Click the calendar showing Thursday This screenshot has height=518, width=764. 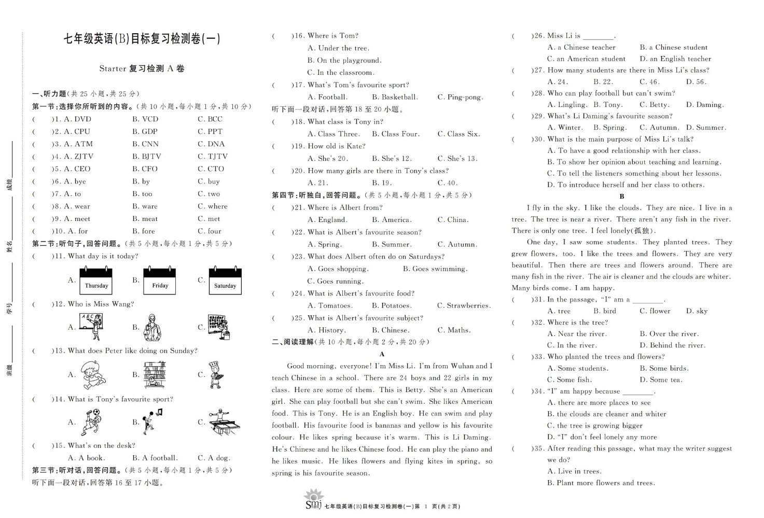point(96,281)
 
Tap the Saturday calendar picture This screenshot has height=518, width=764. point(225,281)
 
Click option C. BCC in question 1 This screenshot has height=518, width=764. point(210,119)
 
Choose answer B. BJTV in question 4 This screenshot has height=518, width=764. point(146,156)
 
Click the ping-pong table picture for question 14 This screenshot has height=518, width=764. point(224,422)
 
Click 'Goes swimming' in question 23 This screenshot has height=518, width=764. point(435,269)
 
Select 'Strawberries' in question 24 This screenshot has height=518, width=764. point(464,305)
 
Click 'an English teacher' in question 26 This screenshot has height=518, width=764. point(675,59)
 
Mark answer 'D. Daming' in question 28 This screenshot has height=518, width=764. point(704,105)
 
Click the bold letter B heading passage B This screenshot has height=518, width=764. point(622,197)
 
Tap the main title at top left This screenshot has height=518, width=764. point(142,39)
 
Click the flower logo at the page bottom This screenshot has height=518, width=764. point(313,498)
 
